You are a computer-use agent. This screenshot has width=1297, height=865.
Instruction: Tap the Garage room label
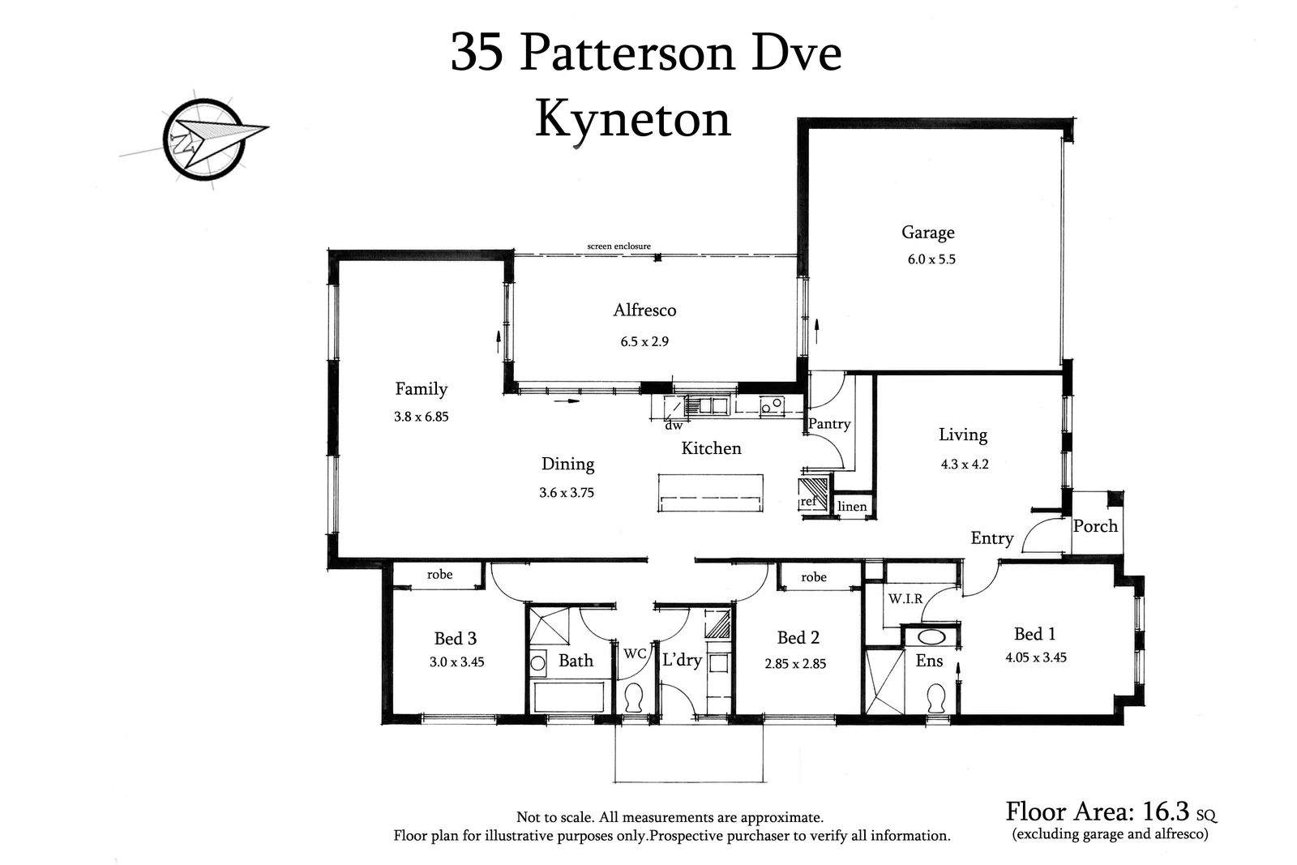click(927, 233)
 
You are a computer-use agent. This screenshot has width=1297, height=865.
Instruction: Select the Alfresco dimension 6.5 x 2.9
click(644, 342)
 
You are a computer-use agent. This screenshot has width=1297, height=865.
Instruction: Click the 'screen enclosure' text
click(619, 246)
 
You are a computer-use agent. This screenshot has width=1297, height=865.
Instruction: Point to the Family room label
click(421, 389)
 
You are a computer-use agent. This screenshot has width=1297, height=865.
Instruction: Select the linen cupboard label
click(852, 507)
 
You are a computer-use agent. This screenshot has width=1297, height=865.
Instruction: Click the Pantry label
click(829, 424)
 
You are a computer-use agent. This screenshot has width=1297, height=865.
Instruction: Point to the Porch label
click(1095, 526)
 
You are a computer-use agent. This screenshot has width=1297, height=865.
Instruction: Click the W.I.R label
click(905, 599)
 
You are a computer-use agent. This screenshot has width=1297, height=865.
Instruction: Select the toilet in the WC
click(634, 698)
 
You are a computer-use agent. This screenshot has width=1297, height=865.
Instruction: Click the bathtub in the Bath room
click(568, 696)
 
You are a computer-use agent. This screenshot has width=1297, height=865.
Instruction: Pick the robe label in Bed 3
click(439, 575)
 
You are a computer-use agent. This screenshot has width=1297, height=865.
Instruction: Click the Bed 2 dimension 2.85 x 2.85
click(795, 664)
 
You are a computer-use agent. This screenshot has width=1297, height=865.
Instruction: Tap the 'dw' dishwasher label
click(673, 425)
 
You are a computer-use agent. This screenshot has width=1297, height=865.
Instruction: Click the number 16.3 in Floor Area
click(1165, 811)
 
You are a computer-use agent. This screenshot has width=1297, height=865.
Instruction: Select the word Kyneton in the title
click(633, 120)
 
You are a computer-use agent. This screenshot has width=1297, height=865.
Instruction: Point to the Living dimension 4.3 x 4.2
click(964, 465)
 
